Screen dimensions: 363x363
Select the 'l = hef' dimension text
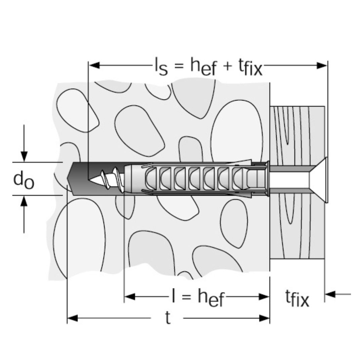(197, 297)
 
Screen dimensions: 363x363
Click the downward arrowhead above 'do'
(24, 156)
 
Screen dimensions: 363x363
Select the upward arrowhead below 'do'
(24, 201)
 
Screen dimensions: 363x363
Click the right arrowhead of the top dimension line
(322, 65)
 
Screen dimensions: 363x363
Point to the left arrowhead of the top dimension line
(94, 65)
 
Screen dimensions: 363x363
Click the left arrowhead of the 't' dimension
(73, 318)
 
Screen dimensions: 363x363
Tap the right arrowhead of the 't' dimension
(265, 318)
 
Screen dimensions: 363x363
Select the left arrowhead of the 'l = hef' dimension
(130, 297)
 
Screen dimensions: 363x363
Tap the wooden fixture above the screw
(297, 134)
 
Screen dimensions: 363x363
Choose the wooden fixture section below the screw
(297, 229)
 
